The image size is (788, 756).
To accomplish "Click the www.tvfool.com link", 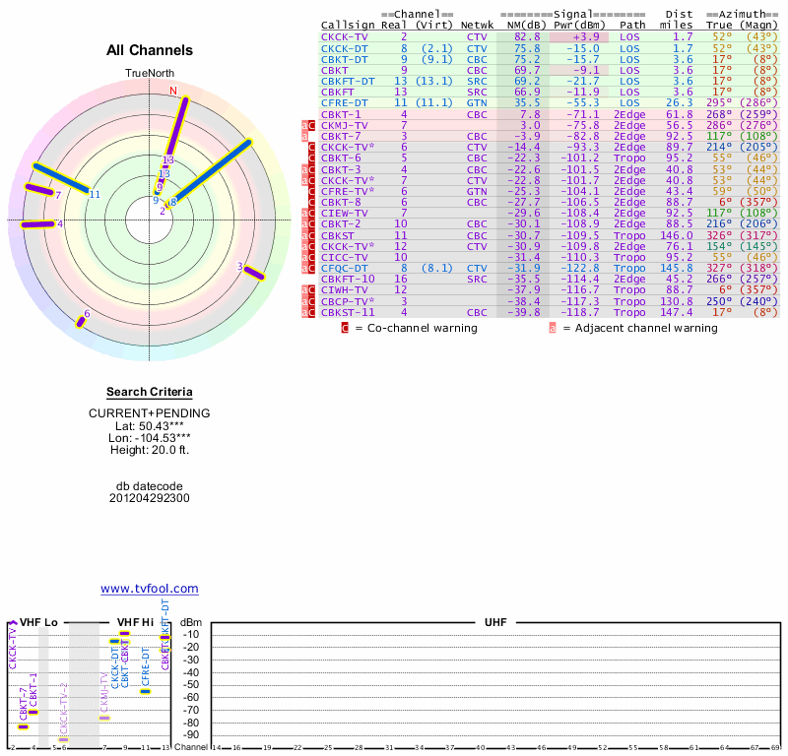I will point(150,589).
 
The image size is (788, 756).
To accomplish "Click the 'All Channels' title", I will point(150,50).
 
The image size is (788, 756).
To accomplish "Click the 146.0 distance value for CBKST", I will point(677,236).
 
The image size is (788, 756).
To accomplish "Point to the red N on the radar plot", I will point(174,92).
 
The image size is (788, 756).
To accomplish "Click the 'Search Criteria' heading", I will point(150,392).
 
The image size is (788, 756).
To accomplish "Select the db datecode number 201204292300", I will point(150,498).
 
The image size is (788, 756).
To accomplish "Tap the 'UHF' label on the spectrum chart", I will point(494,623).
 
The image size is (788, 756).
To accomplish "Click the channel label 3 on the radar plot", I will point(239,267).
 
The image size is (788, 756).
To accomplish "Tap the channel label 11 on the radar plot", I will point(95,195).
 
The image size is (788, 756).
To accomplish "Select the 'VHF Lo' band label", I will point(38,623).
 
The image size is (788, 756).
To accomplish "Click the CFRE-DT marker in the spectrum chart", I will point(145,691).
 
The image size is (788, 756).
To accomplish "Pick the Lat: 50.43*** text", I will point(150,425).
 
